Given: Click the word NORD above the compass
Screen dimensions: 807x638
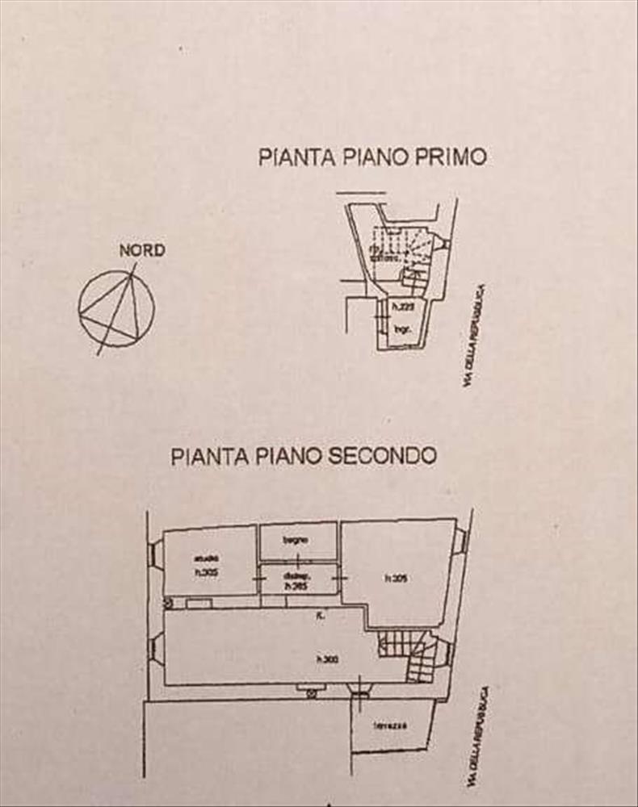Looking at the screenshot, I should pyautogui.click(x=142, y=250).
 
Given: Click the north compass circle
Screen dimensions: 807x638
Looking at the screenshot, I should pyautogui.click(x=116, y=307).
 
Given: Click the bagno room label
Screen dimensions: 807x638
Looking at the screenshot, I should pyautogui.click(x=293, y=538).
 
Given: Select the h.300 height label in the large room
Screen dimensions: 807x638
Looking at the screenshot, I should pyautogui.click(x=327, y=659).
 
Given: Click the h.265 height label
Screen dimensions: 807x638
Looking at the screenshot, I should pyautogui.click(x=296, y=587).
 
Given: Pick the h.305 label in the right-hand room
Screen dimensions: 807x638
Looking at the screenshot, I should pyautogui.click(x=394, y=577).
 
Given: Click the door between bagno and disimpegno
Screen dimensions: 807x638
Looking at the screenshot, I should pyautogui.click(x=296, y=562).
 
